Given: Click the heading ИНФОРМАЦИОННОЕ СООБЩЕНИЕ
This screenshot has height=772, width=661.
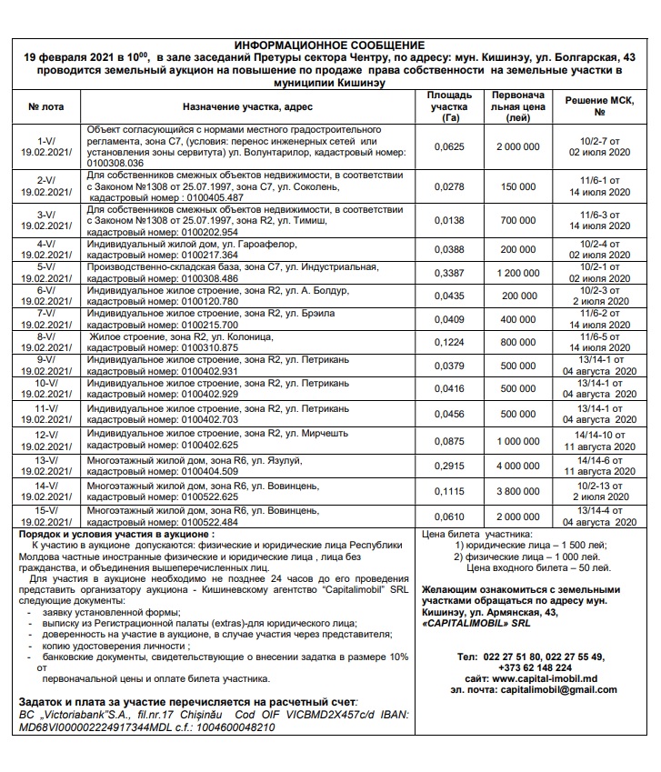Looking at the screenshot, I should coord(329,45).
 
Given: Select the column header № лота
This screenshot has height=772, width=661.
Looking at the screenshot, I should coord(45,106).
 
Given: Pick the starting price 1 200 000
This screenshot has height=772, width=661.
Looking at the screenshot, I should coord(518,272).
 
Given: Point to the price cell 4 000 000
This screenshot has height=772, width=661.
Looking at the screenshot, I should coord(518,466).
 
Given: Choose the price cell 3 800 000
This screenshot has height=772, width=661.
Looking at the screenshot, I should coord(518,491).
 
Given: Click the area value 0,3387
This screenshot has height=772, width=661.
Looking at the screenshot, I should coord(449,272).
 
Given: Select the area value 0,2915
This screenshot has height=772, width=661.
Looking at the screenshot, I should coord(449,466).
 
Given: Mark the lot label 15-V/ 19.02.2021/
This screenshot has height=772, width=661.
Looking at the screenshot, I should coord(45,516).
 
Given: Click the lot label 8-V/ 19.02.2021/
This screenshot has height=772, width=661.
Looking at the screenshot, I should coord(45,341).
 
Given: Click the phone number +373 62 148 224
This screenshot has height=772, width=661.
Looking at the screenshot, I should coord(540,667).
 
